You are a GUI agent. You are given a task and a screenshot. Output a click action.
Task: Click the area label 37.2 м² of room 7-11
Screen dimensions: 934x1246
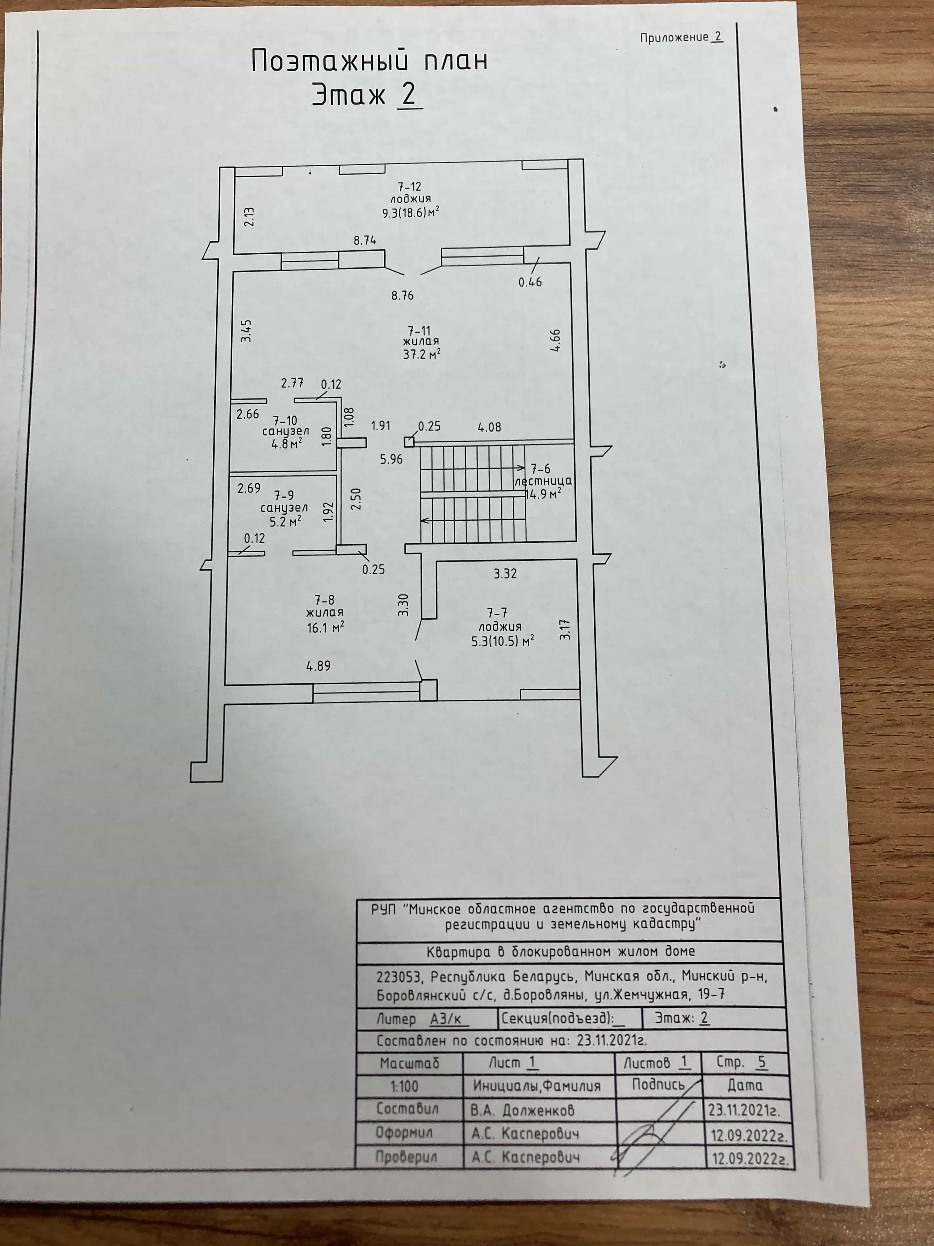(x=421, y=354)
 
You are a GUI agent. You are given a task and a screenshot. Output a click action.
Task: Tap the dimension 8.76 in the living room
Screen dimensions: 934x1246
(x=402, y=295)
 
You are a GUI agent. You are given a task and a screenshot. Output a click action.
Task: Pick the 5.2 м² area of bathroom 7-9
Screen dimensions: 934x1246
(x=285, y=521)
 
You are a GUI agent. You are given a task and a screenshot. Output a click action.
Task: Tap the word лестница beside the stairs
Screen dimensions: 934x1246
(x=543, y=481)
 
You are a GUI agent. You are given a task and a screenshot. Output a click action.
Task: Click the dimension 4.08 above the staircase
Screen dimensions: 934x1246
(x=489, y=427)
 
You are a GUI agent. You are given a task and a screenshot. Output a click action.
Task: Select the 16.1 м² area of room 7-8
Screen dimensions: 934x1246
(x=326, y=627)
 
